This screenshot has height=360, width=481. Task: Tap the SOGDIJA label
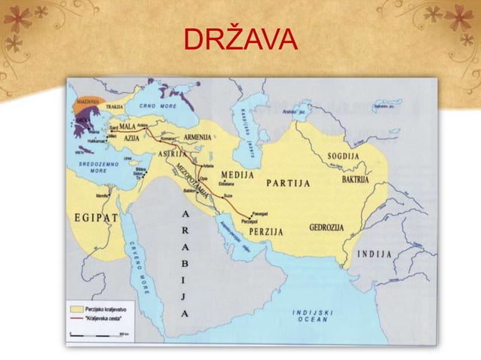[343, 157]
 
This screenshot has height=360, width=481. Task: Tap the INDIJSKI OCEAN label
[317, 316]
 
